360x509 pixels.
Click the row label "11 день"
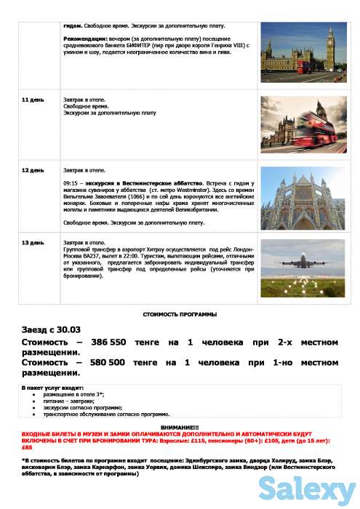pyautogui.click(x=32, y=99)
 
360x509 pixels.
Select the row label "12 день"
pyautogui.click(x=32, y=169)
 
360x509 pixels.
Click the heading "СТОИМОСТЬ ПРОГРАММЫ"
pyautogui.click(x=180, y=313)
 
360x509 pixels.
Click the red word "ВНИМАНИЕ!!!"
pyautogui.click(x=179, y=427)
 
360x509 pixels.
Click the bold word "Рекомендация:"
pyautogui.click(x=86, y=38)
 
